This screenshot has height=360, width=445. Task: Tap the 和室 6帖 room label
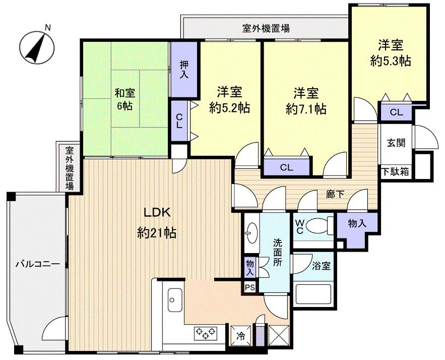pos(124,100)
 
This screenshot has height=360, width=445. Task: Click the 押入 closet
pos(184,70)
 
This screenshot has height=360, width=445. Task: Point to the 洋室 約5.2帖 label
pos(230,99)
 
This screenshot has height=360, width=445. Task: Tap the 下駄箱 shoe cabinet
pos(395,171)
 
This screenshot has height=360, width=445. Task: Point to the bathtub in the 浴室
pos(313,295)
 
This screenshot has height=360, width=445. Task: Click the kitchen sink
pos(174,301)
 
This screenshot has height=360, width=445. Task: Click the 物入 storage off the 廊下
pos(357,224)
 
